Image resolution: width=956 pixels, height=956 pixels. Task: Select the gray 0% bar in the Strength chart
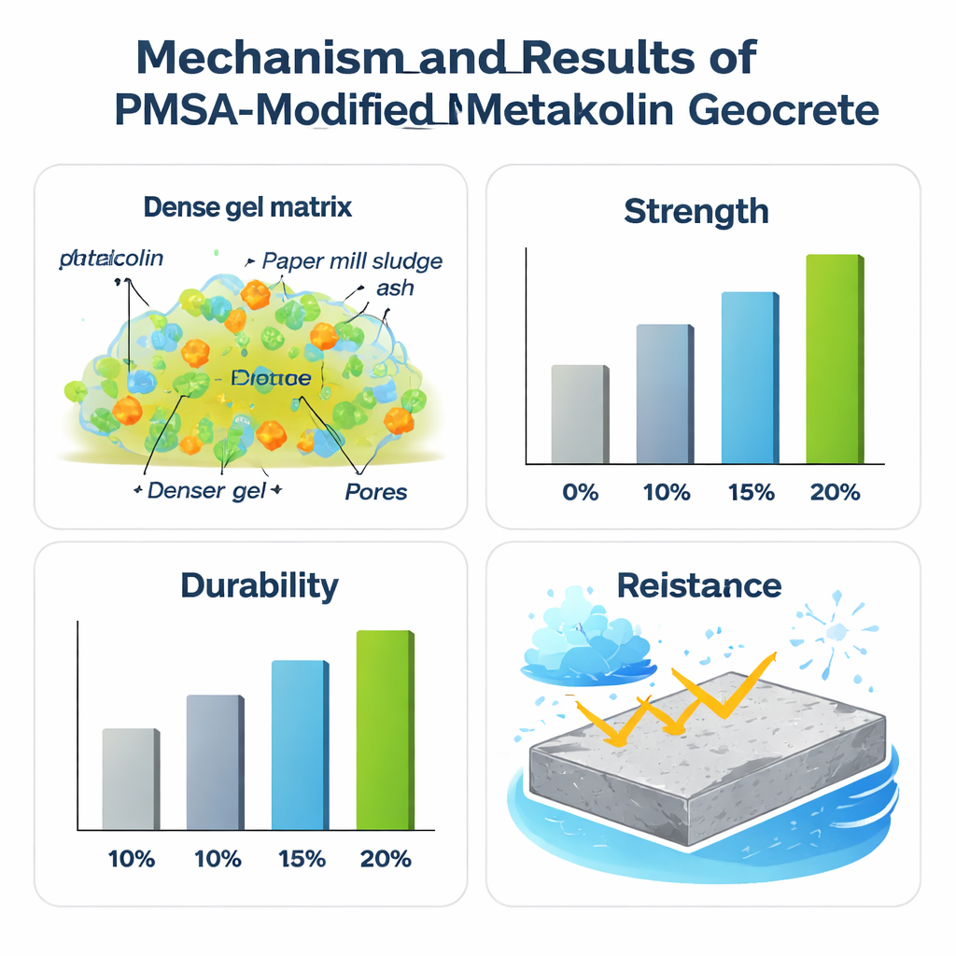580,415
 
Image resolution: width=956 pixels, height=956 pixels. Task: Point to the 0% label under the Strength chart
580,492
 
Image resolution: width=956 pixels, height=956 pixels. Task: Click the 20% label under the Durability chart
386,858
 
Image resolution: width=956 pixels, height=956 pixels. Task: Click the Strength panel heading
696,212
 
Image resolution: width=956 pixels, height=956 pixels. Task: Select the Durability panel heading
259,585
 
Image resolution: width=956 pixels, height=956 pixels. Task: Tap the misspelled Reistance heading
698,585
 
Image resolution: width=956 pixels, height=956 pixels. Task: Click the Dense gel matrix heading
248,207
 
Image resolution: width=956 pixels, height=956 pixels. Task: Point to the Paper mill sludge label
352,260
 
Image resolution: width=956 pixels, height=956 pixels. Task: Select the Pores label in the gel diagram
376,491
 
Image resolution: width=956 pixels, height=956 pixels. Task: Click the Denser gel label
207,490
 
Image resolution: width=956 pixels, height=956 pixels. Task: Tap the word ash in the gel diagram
394,288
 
